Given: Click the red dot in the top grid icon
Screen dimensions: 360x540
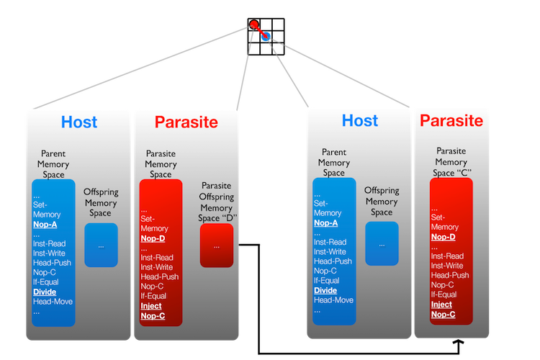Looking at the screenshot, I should (x=254, y=24).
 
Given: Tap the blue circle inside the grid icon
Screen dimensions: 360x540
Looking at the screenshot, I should (x=266, y=35).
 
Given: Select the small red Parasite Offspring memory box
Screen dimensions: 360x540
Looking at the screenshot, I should (x=217, y=245).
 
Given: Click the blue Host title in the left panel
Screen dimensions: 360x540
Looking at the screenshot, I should (x=79, y=122).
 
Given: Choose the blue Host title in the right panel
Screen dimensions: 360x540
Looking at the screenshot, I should (x=359, y=120).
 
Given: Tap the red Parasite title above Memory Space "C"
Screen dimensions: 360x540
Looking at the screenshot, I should (x=451, y=120).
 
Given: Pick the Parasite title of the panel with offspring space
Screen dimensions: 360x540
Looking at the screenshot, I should (x=186, y=122).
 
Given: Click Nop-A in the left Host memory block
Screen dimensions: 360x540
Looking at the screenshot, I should (x=45, y=224).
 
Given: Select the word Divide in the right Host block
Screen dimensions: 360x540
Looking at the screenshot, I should (x=326, y=290).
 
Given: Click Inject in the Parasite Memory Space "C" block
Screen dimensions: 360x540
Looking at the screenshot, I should (x=442, y=304).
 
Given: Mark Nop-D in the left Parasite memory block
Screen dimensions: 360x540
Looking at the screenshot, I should (x=153, y=238).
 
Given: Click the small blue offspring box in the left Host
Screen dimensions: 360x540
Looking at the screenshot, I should (x=101, y=245).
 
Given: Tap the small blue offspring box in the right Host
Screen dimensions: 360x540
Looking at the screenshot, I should (x=382, y=243).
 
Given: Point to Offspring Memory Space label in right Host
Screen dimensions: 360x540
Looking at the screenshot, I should (x=382, y=202).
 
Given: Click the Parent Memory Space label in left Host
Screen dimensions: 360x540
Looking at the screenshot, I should (x=53, y=163).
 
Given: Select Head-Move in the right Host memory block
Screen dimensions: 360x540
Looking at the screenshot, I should (x=333, y=300).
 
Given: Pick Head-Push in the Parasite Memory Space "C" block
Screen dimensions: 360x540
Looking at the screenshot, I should (x=450, y=275).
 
